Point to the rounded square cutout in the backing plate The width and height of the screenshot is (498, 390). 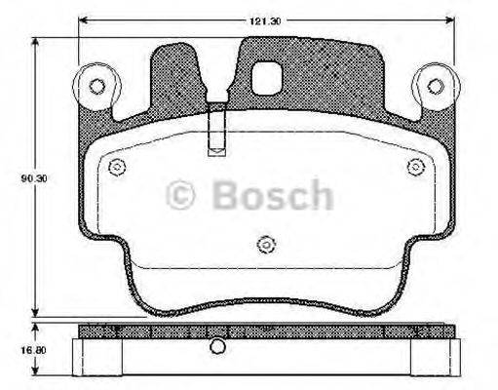[265, 76]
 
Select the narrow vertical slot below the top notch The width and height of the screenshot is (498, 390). [216, 131]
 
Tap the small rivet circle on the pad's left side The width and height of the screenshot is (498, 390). [118, 167]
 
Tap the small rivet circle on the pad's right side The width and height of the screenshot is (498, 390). [415, 167]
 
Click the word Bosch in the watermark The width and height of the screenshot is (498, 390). [272, 195]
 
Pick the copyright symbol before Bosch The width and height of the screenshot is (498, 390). [182, 196]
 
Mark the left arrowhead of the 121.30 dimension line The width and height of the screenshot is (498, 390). [84, 19]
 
